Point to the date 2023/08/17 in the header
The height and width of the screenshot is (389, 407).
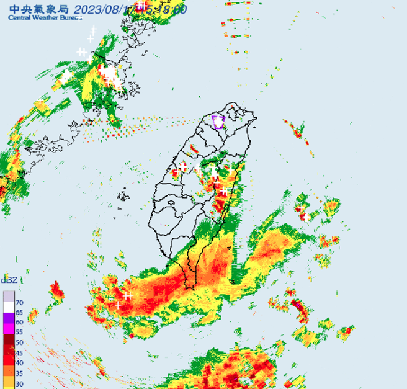(x=105, y=9)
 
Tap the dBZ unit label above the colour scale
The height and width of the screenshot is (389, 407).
(x=9, y=280)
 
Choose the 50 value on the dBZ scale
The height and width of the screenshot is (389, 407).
(x=20, y=342)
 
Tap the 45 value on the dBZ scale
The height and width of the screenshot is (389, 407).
(x=20, y=352)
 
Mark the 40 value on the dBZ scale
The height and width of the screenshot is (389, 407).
(x=20, y=362)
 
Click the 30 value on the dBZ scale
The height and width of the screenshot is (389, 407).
(x=20, y=383)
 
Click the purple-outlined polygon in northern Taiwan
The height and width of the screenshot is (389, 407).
(x=218, y=122)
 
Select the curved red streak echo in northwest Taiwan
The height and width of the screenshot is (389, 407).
(x=194, y=150)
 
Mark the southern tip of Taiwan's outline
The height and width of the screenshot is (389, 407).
(x=192, y=287)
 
